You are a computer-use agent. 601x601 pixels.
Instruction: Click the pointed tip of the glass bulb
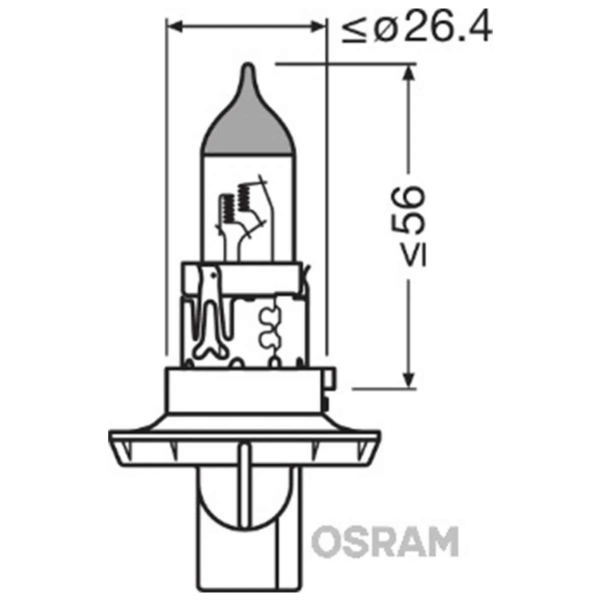click(x=248, y=65)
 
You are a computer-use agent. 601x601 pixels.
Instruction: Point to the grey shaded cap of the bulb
click(x=246, y=119)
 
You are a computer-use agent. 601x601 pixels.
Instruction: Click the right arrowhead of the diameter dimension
click(x=317, y=27)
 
